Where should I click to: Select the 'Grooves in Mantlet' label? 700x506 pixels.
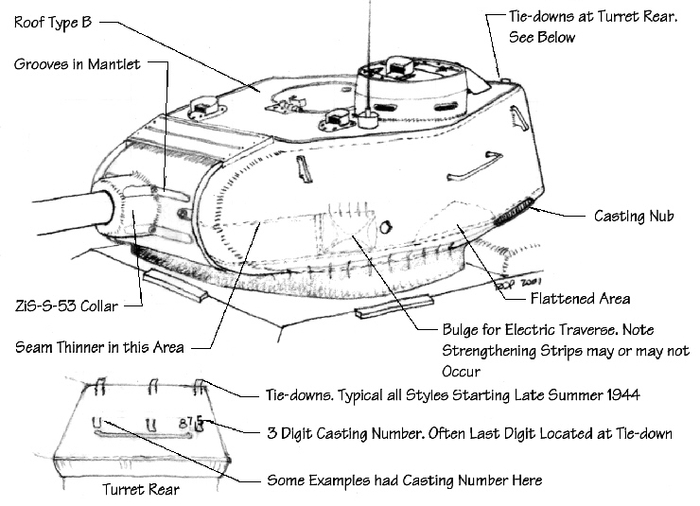[x=77, y=63]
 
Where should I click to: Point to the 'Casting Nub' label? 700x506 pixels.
[x=634, y=216]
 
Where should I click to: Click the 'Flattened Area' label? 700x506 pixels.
[x=581, y=299]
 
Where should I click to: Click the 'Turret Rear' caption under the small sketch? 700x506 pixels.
[x=139, y=491]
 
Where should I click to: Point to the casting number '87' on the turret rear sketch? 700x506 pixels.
[x=188, y=420]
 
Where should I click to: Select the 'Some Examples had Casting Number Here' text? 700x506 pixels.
[x=405, y=480]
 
